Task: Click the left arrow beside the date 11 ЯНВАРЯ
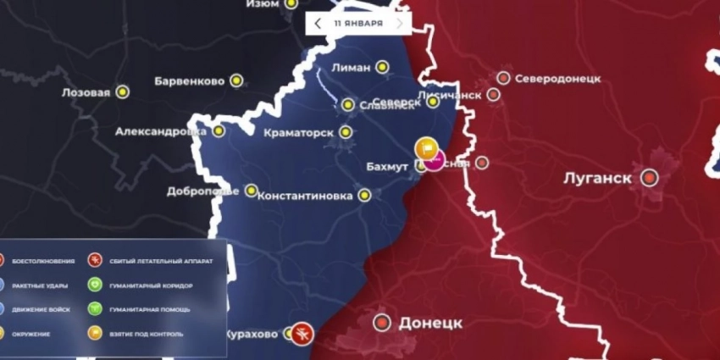pos(318,23)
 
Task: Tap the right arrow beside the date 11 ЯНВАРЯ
pos(400,23)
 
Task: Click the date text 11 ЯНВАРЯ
pos(357,23)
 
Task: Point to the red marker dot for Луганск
pos(650,178)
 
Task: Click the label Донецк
pos(429,323)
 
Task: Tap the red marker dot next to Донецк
pos(383,322)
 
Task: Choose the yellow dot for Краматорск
pos(346,132)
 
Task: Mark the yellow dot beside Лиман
pos(383,66)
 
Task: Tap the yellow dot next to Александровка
pos(219,131)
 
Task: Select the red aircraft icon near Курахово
pos(302,333)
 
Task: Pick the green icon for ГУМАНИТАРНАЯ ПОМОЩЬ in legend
pos(95,310)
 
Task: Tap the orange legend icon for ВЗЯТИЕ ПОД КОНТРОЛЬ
pos(95,334)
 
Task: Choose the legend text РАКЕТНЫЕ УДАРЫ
pos(39,285)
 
